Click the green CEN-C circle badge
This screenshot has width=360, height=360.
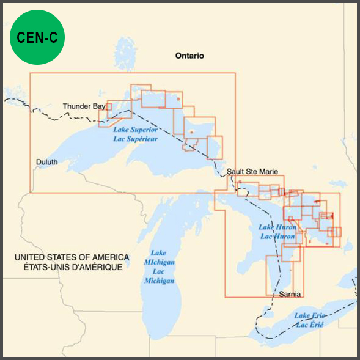(x=37, y=38)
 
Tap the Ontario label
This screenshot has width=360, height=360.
(x=189, y=56)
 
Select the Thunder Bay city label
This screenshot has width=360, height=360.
(x=84, y=106)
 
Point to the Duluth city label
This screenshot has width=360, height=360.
(x=46, y=162)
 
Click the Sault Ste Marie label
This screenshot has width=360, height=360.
(x=252, y=172)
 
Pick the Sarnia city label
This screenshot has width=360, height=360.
(x=289, y=294)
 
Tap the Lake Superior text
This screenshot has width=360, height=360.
(x=135, y=130)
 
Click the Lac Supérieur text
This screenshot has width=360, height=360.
(x=135, y=139)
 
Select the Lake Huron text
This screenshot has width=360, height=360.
(x=277, y=227)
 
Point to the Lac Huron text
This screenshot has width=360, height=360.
(x=277, y=236)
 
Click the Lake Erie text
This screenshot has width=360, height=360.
(x=309, y=315)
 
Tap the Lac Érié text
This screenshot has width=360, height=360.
(x=309, y=325)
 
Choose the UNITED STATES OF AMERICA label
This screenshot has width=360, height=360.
(x=72, y=257)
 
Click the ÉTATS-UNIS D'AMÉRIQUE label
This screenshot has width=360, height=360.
(x=72, y=267)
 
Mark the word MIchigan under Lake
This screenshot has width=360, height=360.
(x=159, y=262)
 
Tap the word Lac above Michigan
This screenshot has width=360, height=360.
(x=158, y=271)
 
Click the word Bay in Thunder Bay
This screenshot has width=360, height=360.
(x=99, y=106)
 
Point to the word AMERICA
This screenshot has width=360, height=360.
(x=109, y=257)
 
